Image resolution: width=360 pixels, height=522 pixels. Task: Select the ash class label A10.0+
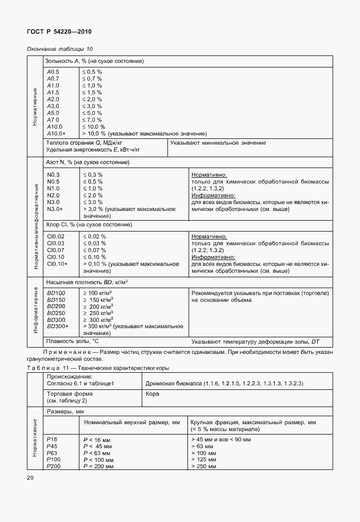57,133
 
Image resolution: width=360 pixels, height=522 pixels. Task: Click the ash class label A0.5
53,71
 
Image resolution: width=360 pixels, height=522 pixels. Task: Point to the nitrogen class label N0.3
53,174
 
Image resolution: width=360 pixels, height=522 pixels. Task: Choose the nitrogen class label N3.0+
55,209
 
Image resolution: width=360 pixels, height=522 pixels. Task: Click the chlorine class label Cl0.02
55,236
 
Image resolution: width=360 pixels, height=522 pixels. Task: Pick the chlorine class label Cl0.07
55,250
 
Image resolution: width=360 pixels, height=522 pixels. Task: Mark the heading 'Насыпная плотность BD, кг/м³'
86,282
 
